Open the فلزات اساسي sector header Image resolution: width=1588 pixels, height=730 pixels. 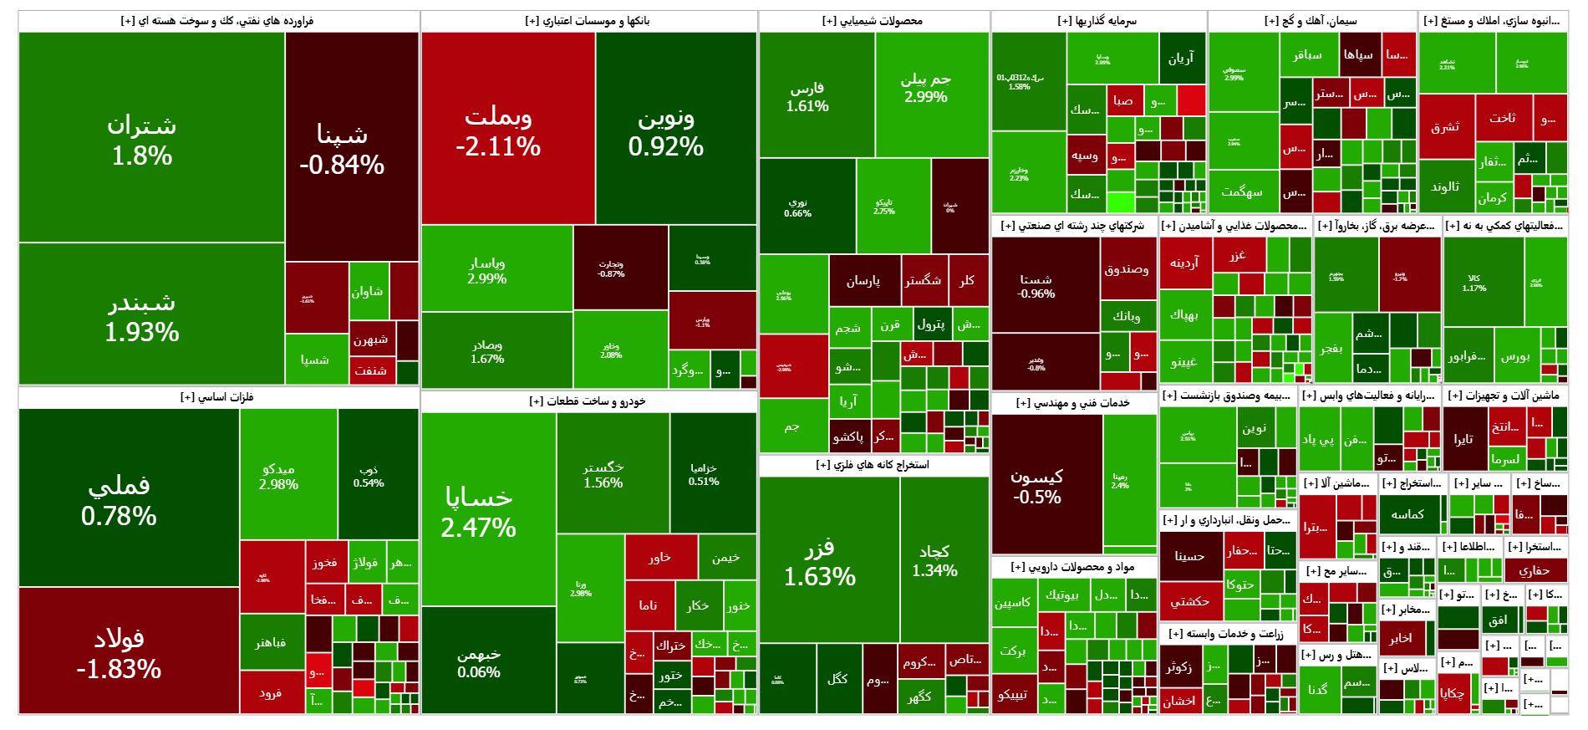click(x=217, y=397)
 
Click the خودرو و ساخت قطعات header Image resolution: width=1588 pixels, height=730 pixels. click(x=588, y=402)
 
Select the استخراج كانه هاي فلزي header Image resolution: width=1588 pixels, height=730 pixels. click(x=873, y=465)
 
